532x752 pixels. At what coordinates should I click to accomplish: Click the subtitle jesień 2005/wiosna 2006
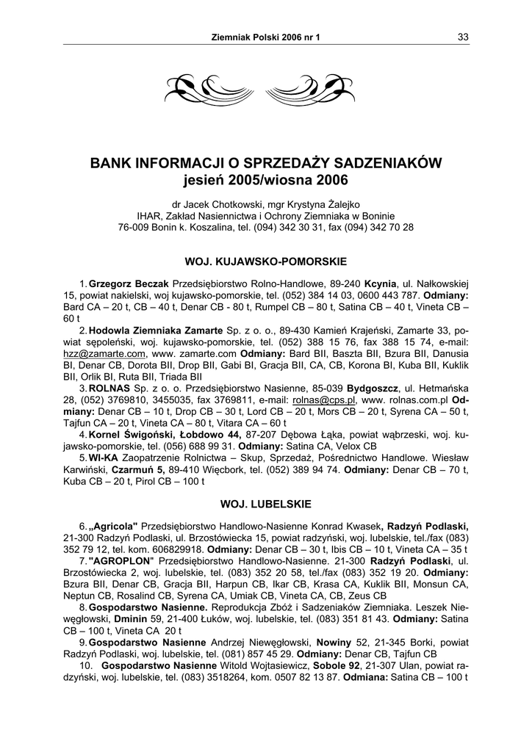pos(266,179)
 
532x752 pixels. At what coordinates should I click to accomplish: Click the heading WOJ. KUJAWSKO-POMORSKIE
pos(265,261)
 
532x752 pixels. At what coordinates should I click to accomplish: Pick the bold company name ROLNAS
pos(109,388)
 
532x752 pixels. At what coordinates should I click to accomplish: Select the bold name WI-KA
pos(104,459)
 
